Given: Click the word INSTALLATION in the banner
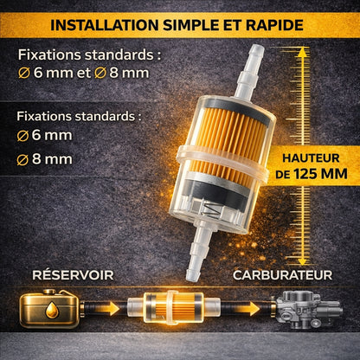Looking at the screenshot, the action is (105, 25).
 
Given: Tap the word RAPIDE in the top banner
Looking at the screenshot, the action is (274, 25).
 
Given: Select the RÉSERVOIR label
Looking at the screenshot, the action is (73, 275).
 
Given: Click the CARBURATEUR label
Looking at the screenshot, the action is (283, 275).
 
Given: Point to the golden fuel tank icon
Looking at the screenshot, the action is (49, 309).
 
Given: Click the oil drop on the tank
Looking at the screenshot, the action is (53, 310).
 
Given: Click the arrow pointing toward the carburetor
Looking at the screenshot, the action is (247, 309).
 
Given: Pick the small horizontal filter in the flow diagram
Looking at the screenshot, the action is (174, 307).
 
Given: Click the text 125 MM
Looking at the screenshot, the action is (320, 174).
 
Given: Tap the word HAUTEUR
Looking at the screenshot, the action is (311, 158).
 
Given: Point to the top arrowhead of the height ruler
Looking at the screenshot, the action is (302, 53).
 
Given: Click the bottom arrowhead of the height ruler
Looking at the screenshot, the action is (302, 261).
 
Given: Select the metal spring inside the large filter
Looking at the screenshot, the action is (212, 209).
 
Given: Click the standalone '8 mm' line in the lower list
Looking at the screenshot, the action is (44, 159).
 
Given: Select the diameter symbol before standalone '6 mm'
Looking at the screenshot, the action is (22, 136).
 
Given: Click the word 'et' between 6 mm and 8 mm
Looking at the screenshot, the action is (84, 73).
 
